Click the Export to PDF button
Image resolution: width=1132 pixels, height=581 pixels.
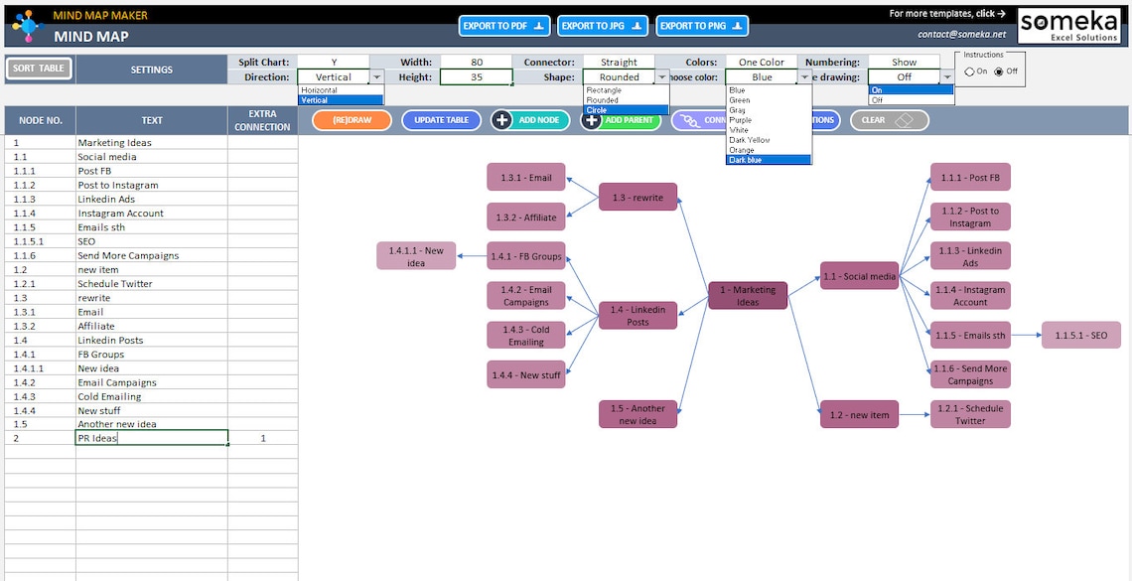(504, 26)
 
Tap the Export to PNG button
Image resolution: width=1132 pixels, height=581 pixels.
(702, 26)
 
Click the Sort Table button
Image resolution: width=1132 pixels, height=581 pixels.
(39, 69)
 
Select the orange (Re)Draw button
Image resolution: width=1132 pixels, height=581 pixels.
(352, 120)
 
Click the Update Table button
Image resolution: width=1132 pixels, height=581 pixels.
(441, 120)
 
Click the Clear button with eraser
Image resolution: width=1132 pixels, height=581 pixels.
(890, 120)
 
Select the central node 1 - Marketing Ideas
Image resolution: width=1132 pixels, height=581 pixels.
(748, 296)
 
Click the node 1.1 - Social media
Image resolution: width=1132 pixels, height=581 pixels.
(859, 276)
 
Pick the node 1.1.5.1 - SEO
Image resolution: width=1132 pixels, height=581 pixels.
(1080, 336)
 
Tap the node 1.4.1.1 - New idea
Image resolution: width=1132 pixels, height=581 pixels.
(416, 256)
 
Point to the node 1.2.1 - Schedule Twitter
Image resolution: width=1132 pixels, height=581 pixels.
(970, 414)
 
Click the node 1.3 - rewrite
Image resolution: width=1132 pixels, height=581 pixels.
(637, 198)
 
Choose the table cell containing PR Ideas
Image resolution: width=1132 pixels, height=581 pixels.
(151, 438)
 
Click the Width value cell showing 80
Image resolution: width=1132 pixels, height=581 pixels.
(477, 62)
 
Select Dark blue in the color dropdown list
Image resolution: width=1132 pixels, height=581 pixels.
(768, 160)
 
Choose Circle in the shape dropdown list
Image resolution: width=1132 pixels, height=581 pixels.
(626, 110)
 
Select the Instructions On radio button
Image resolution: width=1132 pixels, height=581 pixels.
(970, 72)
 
